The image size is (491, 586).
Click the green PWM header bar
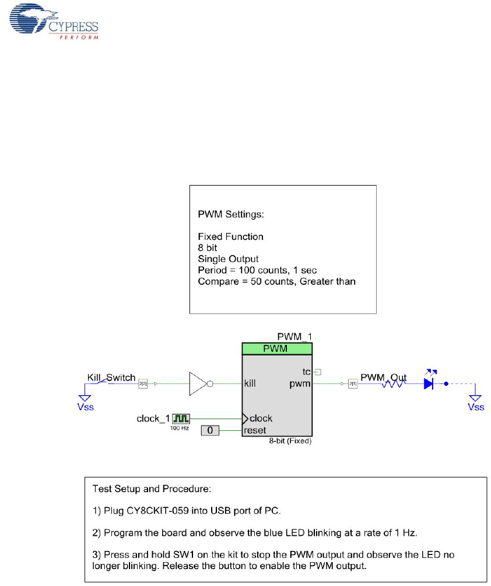click(x=277, y=348)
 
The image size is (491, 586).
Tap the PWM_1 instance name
click(x=294, y=337)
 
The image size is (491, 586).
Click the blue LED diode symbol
click(x=429, y=383)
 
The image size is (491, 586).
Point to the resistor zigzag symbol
click(x=394, y=384)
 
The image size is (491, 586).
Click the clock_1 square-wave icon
click(x=181, y=418)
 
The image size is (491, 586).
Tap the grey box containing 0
click(x=211, y=431)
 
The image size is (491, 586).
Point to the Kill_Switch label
click(x=111, y=378)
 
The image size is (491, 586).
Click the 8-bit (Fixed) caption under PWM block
click(x=295, y=442)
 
